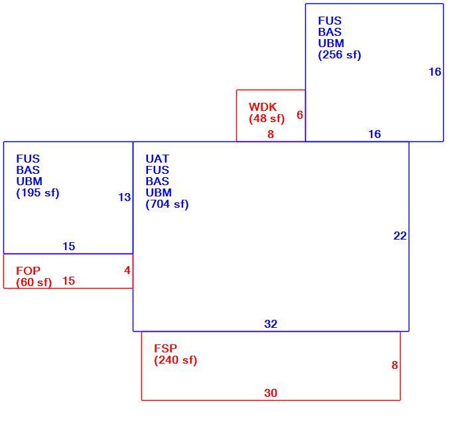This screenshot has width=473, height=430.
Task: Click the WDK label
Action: click(x=263, y=107)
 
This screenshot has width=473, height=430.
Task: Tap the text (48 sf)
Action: click(x=267, y=118)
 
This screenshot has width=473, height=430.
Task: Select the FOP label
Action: click(x=28, y=271)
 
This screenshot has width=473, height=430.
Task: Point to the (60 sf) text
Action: click(x=34, y=283)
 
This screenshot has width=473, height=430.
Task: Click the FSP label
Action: click(x=165, y=348)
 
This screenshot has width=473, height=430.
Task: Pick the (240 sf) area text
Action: click(x=175, y=360)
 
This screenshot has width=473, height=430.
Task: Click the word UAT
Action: click(x=157, y=159)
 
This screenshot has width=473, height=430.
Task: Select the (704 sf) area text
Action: click(x=167, y=204)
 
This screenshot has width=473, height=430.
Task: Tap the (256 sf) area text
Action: click(x=340, y=55)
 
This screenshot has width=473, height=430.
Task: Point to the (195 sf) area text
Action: click(x=38, y=193)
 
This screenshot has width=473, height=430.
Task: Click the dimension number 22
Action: click(x=400, y=236)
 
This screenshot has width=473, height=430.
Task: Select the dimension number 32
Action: click(x=271, y=324)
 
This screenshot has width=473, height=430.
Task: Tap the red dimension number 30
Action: click(x=271, y=393)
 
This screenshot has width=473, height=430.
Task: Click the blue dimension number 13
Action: click(x=124, y=197)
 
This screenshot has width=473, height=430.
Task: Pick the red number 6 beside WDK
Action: click(x=300, y=115)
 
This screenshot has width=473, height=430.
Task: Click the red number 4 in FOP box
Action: click(x=127, y=270)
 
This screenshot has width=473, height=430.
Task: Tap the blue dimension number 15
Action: click(x=69, y=247)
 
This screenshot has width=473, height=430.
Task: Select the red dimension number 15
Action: click(x=69, y=281)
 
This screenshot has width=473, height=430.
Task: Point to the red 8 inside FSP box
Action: click(x=395, y=365)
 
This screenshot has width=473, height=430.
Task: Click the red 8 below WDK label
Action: click(x=271, y=134)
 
